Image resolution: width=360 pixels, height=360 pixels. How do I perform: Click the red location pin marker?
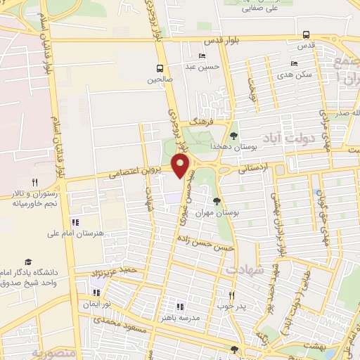[181, 166]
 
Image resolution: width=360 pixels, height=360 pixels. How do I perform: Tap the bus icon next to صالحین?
[161, 68]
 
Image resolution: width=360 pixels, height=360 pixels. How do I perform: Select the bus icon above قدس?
[306, 34]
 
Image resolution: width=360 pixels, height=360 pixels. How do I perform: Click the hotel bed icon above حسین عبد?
[202, 56]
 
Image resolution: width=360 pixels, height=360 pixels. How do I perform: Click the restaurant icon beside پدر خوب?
[231, 295]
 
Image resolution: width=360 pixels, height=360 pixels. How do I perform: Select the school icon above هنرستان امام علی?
[75, 222]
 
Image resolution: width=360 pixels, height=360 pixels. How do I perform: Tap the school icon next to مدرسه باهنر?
[179, 307]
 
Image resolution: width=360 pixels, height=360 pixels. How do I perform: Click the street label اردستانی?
[252, 169]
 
